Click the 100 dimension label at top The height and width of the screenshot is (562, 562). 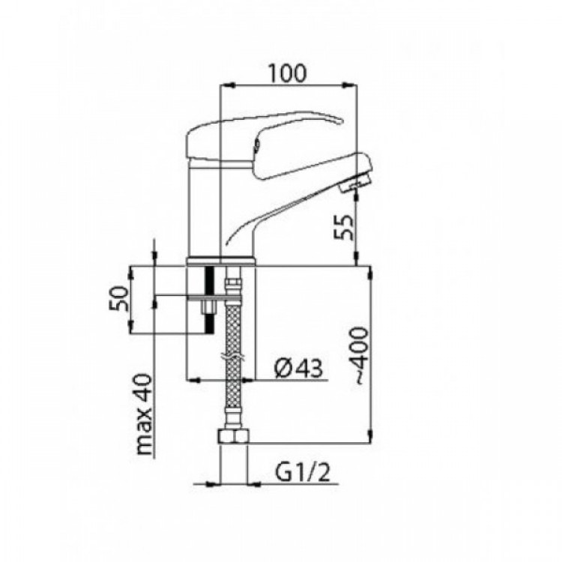(288, 73)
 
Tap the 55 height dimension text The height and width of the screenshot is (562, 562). (344, 227)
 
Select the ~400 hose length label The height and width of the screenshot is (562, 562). (360, 355)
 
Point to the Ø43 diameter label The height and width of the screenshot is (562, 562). (298, 368)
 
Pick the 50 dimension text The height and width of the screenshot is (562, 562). (118, 298)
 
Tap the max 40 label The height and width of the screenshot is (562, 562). (145, 414)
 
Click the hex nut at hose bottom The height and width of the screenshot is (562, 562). (233, 437)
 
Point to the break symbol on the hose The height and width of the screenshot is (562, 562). (232, 357)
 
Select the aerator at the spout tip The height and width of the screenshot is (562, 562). (354, 184)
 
